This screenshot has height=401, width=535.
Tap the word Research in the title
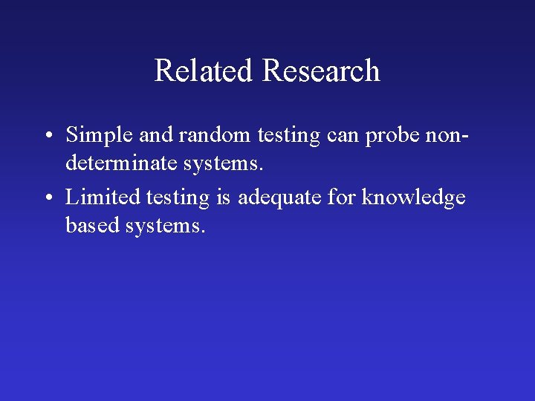tap(321, 71)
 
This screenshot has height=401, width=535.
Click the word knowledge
tap(413, 198)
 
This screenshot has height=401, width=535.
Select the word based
tap(93, 224)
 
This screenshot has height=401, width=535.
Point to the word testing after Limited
tap(178, 198)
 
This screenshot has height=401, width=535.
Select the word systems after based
tap(164, 225)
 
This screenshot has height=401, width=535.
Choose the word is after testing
tap(224, 198)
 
